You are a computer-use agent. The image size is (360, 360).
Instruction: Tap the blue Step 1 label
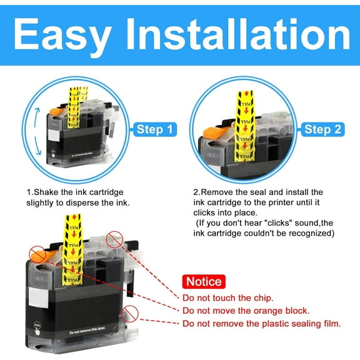154,130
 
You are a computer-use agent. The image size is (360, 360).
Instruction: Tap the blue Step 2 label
322,129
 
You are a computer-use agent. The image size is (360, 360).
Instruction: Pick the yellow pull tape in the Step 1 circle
74,110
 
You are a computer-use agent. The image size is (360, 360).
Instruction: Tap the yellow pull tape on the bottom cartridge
73,250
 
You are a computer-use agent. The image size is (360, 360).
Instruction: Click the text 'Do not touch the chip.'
227,297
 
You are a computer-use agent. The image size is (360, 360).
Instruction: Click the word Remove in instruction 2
218,192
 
